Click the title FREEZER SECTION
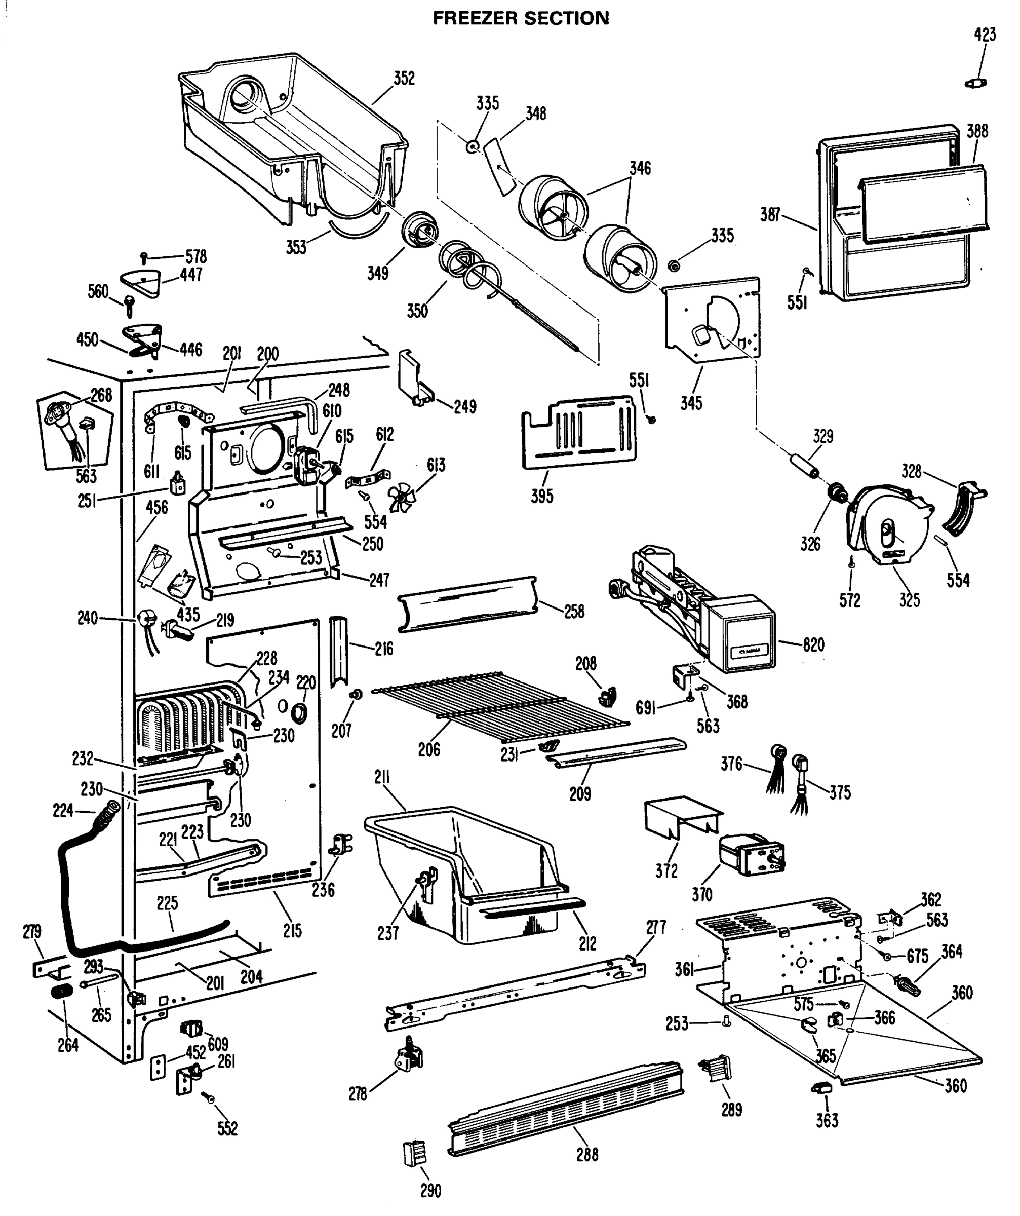[x=521, y=19]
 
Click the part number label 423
[x=985, y=35]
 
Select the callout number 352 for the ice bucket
[x=404, y=78]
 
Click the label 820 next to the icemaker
[x=813, y=644]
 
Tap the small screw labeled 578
[x=143, y=256]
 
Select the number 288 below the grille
[x=587, y=1155]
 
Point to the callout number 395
[x=542, y=496]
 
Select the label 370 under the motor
[x=701, y=895]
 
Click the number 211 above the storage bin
[x=381, y=778]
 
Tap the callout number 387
[x=770, y=215]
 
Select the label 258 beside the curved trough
[x=574, y=611]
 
